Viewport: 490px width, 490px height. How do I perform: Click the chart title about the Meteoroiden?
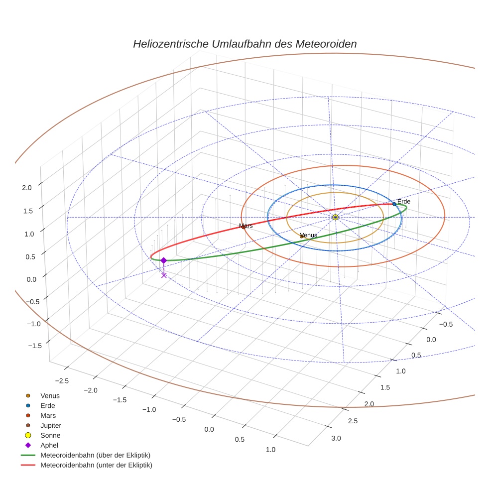(245, 44)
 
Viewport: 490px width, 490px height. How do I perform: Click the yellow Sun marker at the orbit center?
(335, 217)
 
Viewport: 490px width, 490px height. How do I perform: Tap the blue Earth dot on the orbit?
(394, 204)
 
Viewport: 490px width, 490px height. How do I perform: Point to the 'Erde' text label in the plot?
(404, 201)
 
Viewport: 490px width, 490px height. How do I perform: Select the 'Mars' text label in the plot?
(246, 226)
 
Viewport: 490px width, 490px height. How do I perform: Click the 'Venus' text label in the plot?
(309, 235)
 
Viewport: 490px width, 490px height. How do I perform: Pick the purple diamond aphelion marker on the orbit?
(163, 260)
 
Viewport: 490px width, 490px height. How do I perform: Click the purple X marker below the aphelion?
(164, 275)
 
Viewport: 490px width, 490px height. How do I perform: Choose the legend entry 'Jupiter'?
(50, 425)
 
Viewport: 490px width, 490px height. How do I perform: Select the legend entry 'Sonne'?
(50, 435)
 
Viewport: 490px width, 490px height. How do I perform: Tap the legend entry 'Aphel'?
(49, 445)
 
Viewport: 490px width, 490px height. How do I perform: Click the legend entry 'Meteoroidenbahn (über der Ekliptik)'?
(95, 455)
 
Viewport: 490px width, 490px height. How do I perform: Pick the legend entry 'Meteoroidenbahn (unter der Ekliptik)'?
(96, 465)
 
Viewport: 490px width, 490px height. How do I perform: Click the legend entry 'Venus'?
(50, 395)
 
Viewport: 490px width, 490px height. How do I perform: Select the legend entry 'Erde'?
(48, 405)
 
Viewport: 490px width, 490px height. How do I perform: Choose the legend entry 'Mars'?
(48, 415)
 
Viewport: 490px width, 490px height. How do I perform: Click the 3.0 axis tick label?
(336, 438)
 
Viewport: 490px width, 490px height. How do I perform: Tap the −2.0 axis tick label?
(92, 390)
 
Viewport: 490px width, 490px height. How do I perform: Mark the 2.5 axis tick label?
(353, 421)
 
